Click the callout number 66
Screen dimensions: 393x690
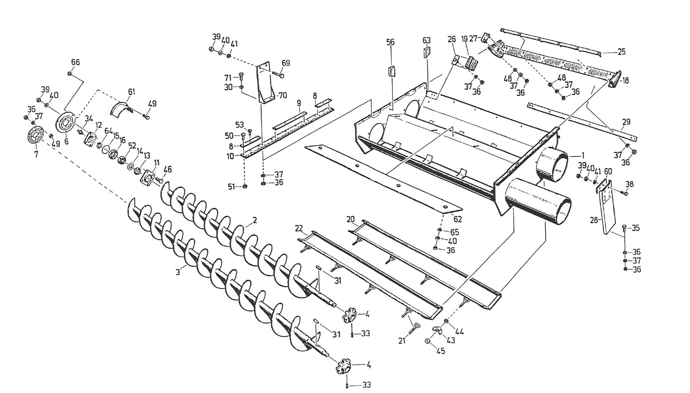pyautogui.click(x=75, y=62)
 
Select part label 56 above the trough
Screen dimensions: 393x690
pyautogui.click(x=390, y=42)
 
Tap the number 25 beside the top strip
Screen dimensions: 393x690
pyautogui.click(x=621, y=52)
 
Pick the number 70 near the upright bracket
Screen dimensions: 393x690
pyautogui.click(x=282, y=95)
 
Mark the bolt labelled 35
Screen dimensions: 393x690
pyautogui.click(x=625, y=228)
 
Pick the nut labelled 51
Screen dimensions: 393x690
pyautogui.click(x=245, y=186)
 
